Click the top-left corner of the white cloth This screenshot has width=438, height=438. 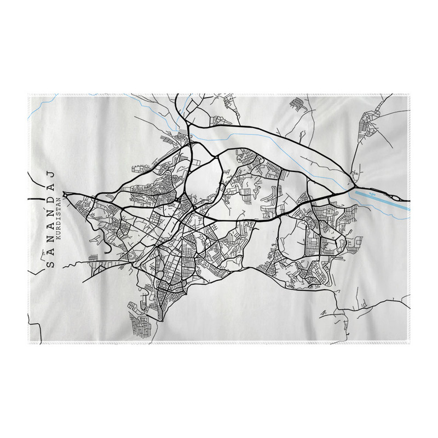pos(29,95)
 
